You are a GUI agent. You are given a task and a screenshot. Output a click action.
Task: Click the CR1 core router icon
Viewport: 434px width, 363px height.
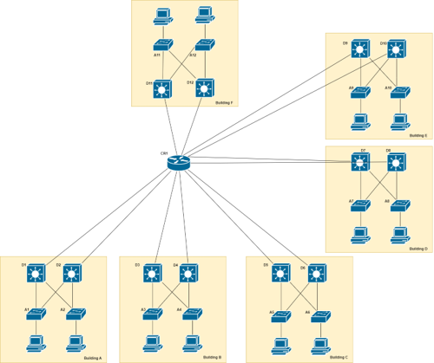[x=178, y=162]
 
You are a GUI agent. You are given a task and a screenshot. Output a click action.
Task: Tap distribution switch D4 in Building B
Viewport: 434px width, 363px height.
[x=188, y=274]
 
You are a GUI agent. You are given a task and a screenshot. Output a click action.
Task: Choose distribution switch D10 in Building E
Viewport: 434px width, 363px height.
[x=397, y=50]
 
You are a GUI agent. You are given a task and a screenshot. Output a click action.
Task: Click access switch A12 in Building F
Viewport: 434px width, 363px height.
[x=206, y=46]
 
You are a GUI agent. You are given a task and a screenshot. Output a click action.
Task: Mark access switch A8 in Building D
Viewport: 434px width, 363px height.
[x=399, y=206]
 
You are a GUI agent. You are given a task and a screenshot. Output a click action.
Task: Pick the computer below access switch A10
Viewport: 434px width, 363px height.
[x=399, y=120]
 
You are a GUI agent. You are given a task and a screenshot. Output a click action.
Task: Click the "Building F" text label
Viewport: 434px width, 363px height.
[x=223, y=102]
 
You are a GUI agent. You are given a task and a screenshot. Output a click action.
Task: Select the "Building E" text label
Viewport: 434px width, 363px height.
[x=419, y=135]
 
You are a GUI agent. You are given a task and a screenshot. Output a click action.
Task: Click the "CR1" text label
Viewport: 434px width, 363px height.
[x=164, y=153]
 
